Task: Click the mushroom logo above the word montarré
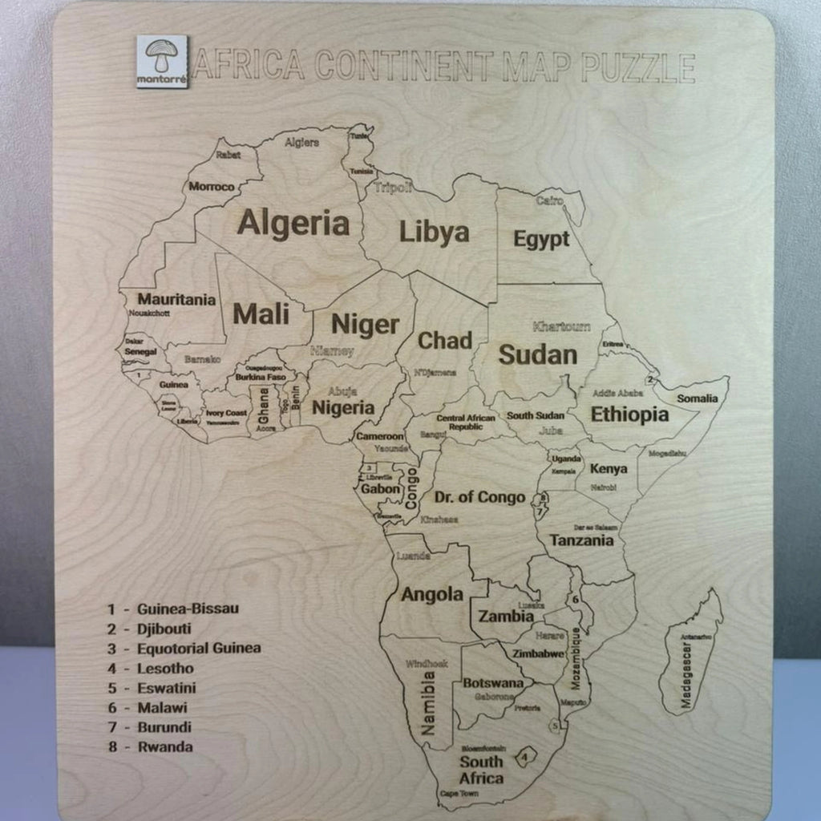pyautogui.click(x=162, y=55)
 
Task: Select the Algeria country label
pyautogui.click(x=293, y=223)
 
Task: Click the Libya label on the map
pyautogui.click(x=434, y=233)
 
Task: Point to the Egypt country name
pyautogui.click(x=541, y=239)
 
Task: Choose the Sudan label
pyautogui.click(x=537, y=354)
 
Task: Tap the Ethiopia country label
pyautogui.click(x=629, y=415)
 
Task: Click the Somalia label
pyautogui.click(x=698, y=398)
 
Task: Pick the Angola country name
pyautogui.click(x=432, y=594)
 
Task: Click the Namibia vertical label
pyautogui.click(x=429, y=703)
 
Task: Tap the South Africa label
pyautogui.click(x=481, y=770)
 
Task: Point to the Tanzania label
pyautogui.click(x=581, y=540)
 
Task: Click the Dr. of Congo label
pyautogui.click(x=479, y=497)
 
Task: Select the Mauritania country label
pyautogui.click(x=176, y=300)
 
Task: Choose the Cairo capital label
pyautogui.click(x=550, y=200)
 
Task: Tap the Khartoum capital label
pyautogui.click(x=561, y=327)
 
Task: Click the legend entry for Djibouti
pyautogui.click(x=164, y=629)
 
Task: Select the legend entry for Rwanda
pyautogui.click(x=164, y=747)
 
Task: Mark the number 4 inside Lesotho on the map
pyautogui.click(x=524, y=755)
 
